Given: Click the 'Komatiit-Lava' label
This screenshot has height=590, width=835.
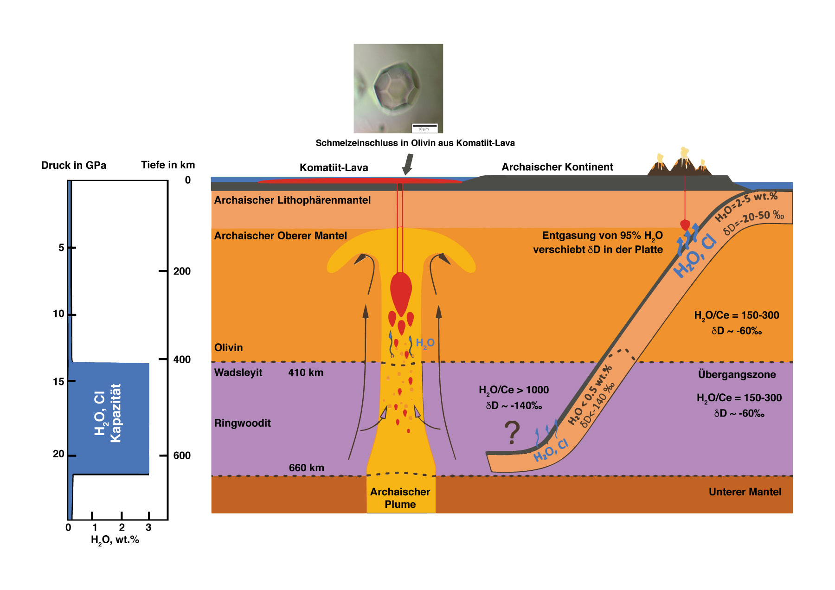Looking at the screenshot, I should [x=334, y=167].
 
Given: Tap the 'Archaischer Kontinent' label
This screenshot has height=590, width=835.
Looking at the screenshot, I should [x=557, y=167].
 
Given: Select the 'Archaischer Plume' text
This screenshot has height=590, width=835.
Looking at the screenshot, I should [x=400, y=498].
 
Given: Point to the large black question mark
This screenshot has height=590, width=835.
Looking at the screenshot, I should [x=512, y=432].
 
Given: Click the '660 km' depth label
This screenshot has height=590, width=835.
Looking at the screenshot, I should [x=306, y=468].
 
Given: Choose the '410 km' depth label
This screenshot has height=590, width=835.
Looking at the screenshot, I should [x=306, y=372].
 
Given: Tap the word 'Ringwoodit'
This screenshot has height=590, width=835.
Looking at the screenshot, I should [x=242, y=423].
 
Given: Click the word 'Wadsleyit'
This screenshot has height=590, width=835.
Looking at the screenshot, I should [x=238, y=372].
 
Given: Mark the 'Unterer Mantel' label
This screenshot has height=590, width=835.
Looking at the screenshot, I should [x=745, y=492].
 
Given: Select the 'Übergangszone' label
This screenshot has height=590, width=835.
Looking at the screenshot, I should [x=737, y=374].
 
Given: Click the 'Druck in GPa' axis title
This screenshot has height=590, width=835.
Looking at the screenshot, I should [x=74, y=166].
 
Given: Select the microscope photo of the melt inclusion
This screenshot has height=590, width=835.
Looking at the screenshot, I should [x=398, y=89].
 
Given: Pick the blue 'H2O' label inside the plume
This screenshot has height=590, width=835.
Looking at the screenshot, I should [x=425, y=343].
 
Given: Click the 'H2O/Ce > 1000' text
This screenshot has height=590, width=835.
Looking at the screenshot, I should [x=514, y=390].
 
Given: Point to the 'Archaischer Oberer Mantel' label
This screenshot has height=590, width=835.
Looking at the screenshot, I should [x=280, y=236].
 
